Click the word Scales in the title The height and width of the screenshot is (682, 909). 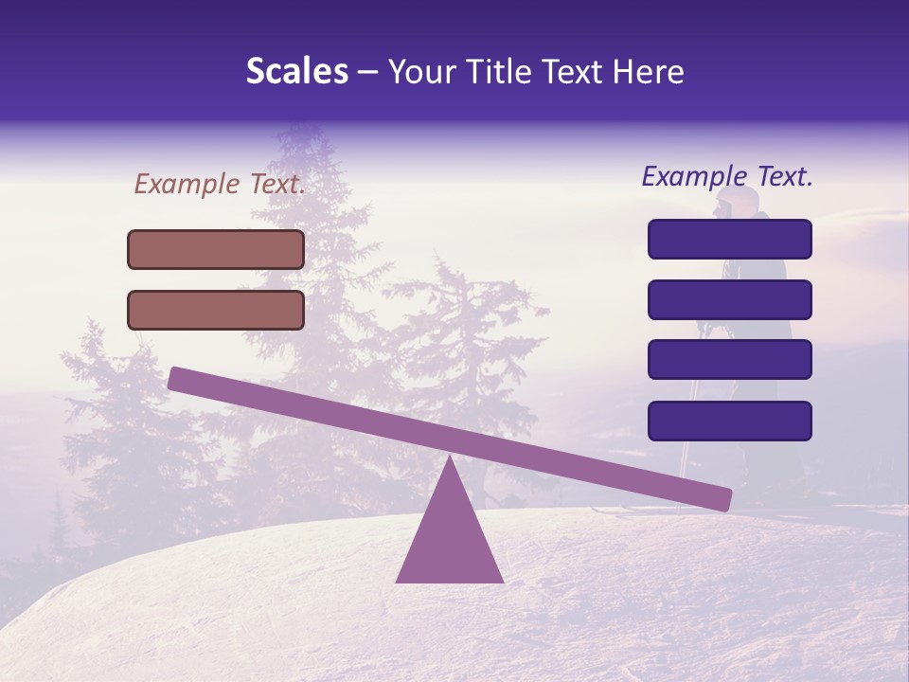296,72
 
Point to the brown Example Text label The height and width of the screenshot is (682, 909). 220,185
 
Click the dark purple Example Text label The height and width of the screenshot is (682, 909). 727,176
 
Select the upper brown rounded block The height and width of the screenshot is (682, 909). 216,249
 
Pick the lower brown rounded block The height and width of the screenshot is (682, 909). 216,310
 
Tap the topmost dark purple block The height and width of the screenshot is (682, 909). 730,239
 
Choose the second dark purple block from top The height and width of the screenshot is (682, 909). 730,299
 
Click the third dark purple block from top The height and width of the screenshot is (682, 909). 730,360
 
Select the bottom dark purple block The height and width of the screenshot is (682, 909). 730,421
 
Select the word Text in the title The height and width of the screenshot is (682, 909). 574,72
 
